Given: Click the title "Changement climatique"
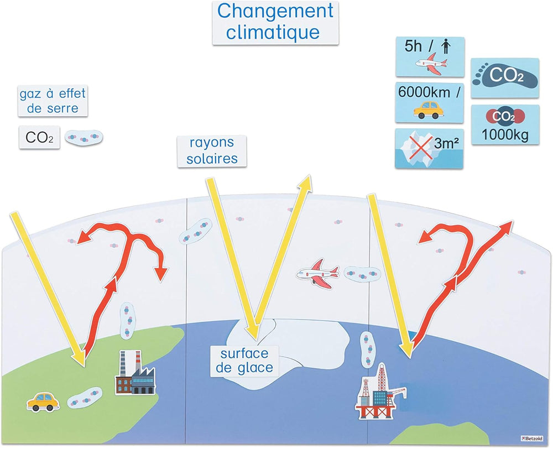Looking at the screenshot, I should (275, 22).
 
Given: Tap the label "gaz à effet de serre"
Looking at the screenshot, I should (53, 101).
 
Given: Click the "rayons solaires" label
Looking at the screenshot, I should (212, 150).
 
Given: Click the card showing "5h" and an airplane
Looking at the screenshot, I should (430, 56).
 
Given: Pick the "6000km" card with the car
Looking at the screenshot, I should (429, 102).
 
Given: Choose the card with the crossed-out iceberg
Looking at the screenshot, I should (429, 148).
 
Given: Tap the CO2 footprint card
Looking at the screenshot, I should (504, 74).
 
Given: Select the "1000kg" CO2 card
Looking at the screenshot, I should (505, 124).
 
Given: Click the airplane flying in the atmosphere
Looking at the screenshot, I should (317, 273).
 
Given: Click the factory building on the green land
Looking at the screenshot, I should (135, 373).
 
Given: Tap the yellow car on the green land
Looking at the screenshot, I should (43, 401).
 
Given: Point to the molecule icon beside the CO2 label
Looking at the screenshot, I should (84, 137).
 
